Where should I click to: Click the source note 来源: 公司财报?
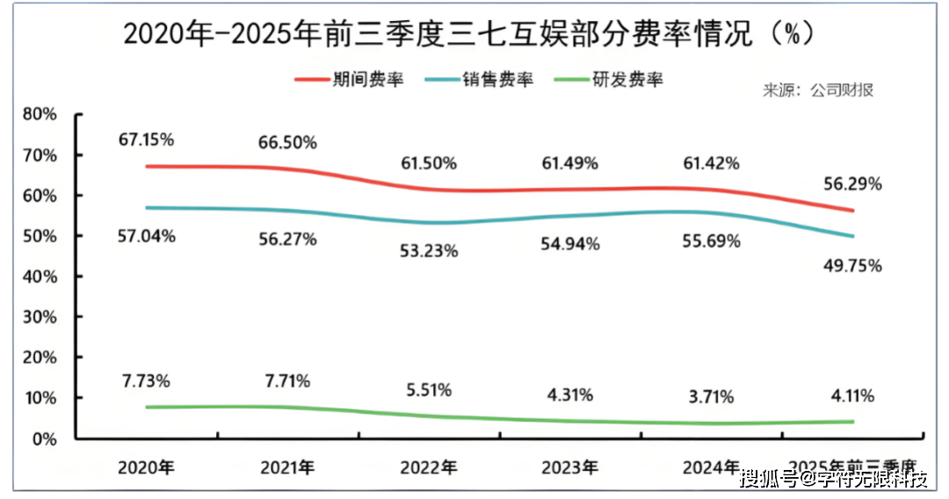[x=817, y=90]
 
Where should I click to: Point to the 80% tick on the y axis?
[x=40, y=114]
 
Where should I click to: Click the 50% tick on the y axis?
[x=40, y=236]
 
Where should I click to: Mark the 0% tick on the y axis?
[x=44, y=438]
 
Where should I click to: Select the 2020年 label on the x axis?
[x=146, y=467]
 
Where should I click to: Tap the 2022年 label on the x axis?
[x=429, y=467]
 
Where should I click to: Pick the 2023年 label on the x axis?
[x=570, y=467]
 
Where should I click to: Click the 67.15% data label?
[x=146, y=139]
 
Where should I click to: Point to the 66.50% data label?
[x=287, y=142]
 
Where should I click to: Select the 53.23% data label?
[x=429, y=251]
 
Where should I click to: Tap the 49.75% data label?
[x=852, y=266]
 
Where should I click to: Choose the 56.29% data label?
[x=852, y=184]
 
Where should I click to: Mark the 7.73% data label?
[x=146, y=380]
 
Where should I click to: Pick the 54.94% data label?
[x=570, y=244]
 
